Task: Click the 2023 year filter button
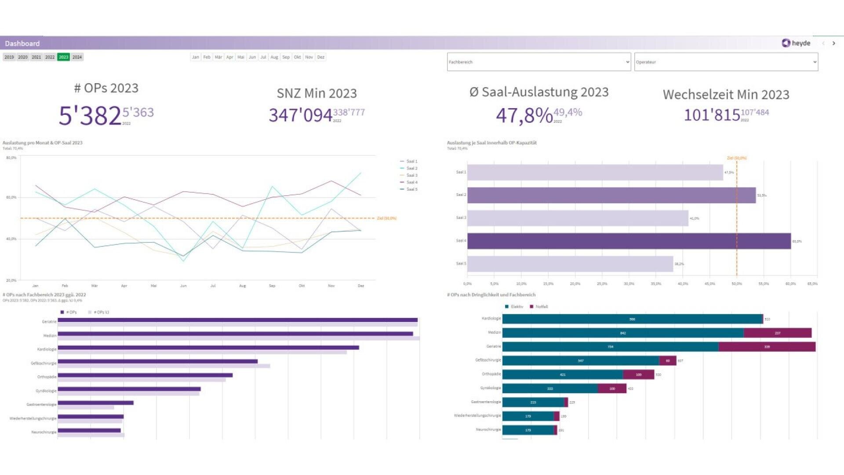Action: click(63, 57)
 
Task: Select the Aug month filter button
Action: click(274, 57)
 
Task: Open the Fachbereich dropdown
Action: click(538, 62)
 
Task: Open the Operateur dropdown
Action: click(726, 62)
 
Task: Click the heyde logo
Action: click(796, 43)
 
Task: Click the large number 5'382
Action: click(90, 116)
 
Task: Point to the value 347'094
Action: click(300, 115)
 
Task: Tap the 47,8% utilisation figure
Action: click(524, 116)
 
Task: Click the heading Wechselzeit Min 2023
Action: click(726, 95)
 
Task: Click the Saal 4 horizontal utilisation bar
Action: click(629, 241)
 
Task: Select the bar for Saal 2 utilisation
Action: click(611, 195)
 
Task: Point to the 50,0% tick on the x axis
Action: click(737, 284)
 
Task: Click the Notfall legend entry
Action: click(539, 307)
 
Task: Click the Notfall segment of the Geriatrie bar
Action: click(767, 347)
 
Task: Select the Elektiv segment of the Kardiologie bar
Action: click(632, 319)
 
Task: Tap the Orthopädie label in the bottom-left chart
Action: click(47, 377)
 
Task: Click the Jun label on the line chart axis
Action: click(183, 286)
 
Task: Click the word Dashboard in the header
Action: click(22, 44)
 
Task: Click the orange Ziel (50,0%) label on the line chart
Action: click(386, 218)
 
